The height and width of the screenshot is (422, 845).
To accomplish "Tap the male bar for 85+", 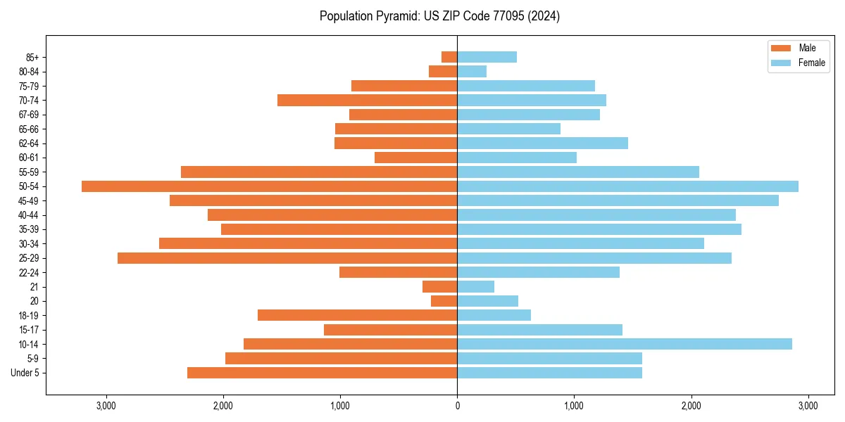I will tap(449, 57).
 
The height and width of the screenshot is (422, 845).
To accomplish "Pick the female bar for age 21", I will tap(475, 286).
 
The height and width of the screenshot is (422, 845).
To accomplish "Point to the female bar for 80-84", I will tap(472, 71).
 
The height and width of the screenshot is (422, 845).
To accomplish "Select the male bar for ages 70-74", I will tap(367, 100).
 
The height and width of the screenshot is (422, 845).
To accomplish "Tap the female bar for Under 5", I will tap(549, 373).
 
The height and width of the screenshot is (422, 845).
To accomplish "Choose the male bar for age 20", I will tap(444, 301).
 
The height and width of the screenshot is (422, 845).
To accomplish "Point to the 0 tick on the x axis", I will tap(457, 406).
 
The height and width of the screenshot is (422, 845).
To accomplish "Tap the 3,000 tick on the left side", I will tap(106, 406).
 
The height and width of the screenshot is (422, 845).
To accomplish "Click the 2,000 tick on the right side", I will tap(691, 406).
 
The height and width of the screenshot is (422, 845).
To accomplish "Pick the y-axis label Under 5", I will tap(25, 373).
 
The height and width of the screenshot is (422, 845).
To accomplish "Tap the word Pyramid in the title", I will tap(394, 16).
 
